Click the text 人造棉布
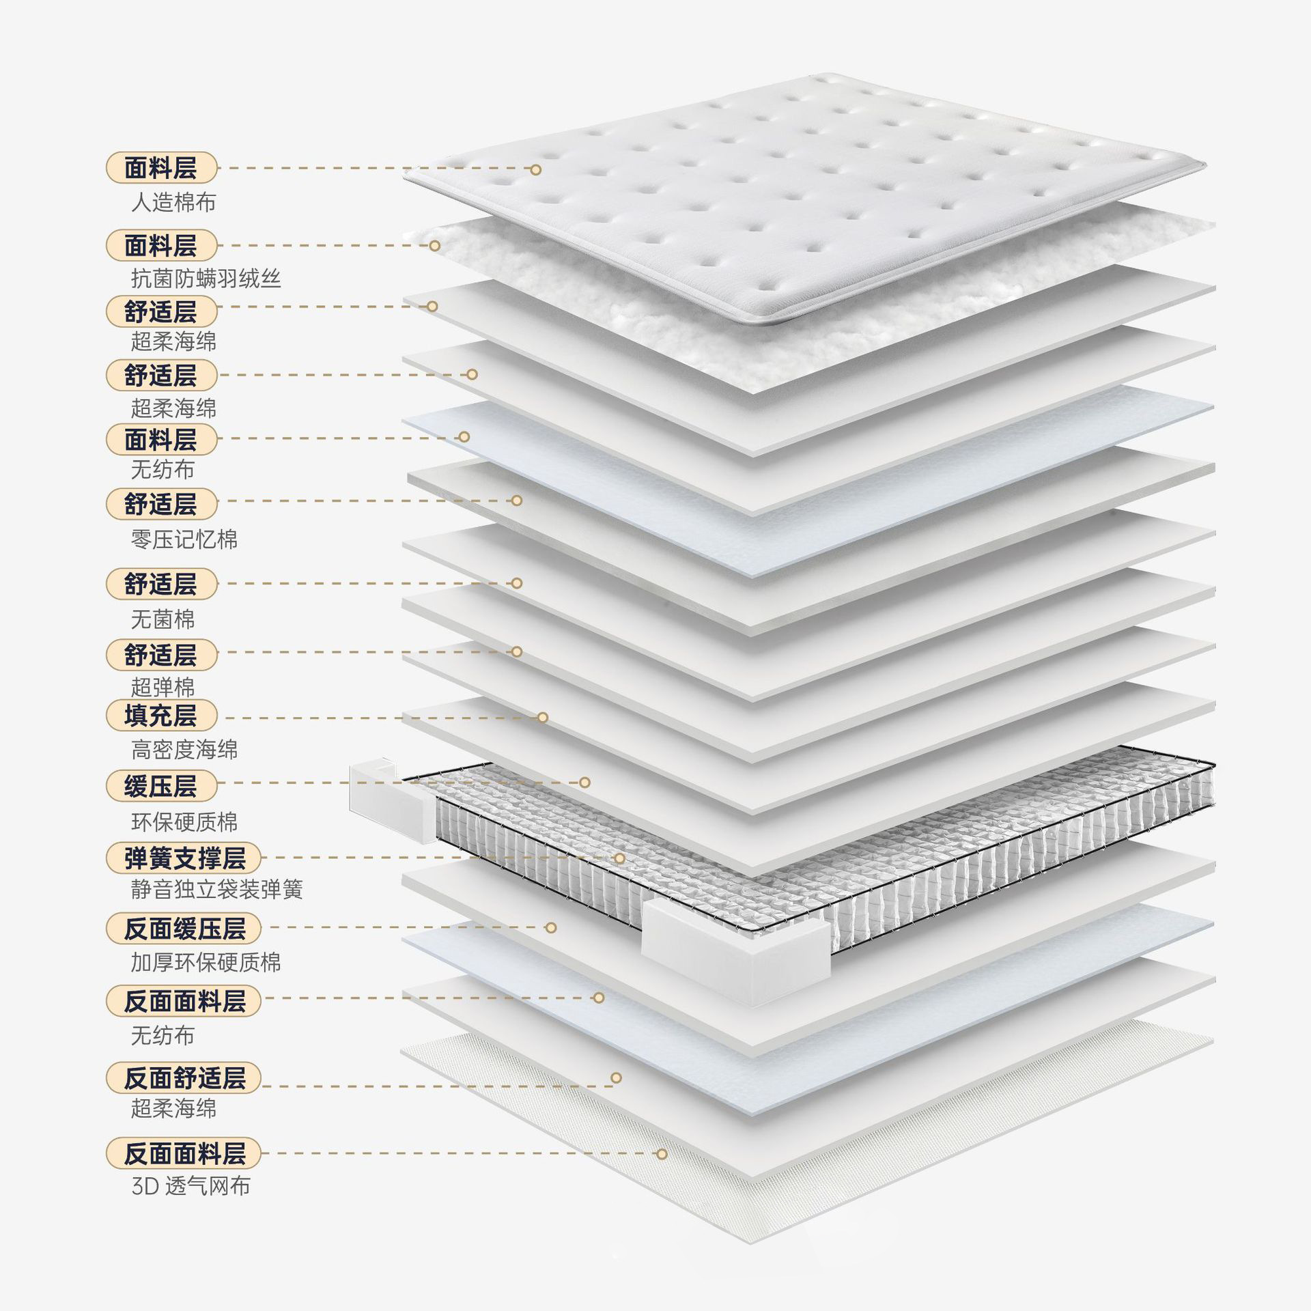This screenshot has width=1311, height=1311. (173, 203)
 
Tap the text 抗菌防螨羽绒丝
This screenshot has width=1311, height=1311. (206, 279)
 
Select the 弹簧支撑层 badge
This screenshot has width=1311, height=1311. (184, 858)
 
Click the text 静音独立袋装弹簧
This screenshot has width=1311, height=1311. (216, 889)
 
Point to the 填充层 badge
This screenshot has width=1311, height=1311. (161, 716)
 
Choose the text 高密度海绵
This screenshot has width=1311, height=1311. (184, 750)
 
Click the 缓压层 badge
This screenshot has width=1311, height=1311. (161, 787)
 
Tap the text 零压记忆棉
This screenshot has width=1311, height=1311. (184, 539)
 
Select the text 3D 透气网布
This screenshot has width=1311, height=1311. (191, 1185)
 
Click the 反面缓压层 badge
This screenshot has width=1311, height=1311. (184, 929)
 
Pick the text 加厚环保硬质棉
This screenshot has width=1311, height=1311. (206, 962)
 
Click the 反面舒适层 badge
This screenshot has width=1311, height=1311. (184, 1078)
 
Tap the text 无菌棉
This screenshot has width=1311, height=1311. (163, 619)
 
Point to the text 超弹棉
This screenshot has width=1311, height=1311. (163, 686)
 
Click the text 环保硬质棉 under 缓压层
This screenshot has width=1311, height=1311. (184, 821)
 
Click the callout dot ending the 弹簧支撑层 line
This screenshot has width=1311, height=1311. (619, 858)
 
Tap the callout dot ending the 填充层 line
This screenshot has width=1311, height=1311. (543, 717)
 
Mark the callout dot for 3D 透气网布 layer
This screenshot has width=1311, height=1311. (661, 1154)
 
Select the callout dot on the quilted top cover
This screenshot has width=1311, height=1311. (536, 169)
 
